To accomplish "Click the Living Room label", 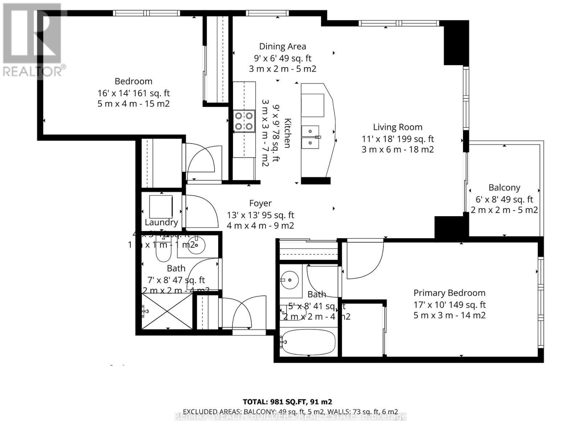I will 398,127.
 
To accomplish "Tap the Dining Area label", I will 283,47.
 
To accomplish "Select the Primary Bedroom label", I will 449,293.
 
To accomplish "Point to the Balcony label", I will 504,187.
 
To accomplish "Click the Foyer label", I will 260,203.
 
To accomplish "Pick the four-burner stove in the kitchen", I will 244,121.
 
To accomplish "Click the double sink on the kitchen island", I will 310,137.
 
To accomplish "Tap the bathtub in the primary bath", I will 308,342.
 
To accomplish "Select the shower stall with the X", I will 167,312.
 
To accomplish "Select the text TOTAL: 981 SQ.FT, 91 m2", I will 287,402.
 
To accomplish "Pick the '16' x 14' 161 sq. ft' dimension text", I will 134,93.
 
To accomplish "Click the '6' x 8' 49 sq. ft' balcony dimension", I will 504,199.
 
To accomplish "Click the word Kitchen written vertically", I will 287,133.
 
